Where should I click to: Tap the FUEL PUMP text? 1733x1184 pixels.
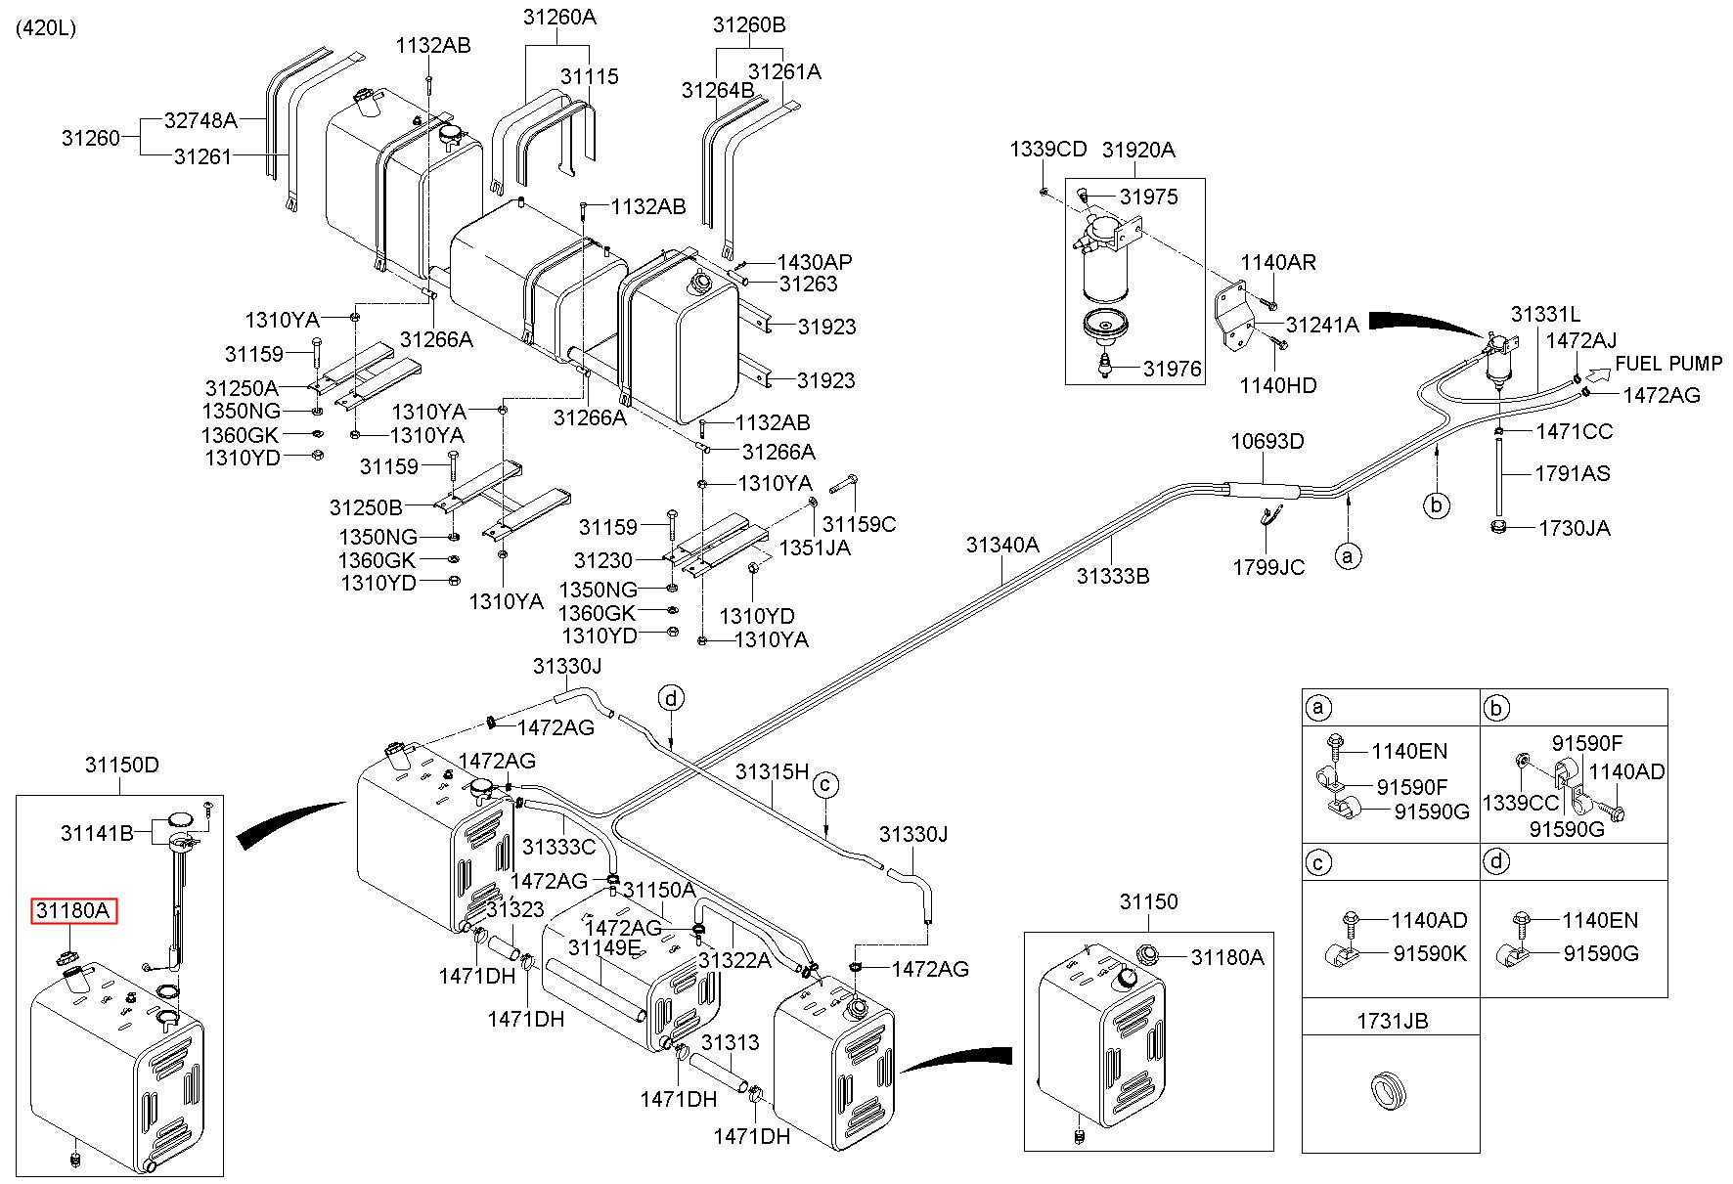tap(1668, 364)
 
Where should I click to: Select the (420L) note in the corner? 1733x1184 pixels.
tap(45, 28)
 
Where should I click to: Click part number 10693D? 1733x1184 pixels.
tap(1267, 441)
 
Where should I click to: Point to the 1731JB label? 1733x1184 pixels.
tap(1392, 1022)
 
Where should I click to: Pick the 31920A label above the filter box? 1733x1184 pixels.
tap(1138, 150)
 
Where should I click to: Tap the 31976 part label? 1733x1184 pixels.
tap(1173, 370)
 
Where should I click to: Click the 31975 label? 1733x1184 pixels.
tap(1149, 197)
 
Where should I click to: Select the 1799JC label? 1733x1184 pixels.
tap(1268, 567)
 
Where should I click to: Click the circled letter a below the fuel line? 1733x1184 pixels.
tap(1348, 556)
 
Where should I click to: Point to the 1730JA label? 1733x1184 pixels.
tap(1575, 528)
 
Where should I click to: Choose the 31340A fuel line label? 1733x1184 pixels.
tap(1002, 545)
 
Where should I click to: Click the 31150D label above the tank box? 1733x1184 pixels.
tap(121, 765)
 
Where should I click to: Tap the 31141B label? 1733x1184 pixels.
tap(97, 833)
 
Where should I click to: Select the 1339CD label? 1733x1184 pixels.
tap(1048, 150)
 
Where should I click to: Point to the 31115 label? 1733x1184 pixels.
tap(590, 76)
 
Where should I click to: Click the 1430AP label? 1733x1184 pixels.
tap(815, 262)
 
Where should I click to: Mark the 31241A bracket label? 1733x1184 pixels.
tap(1322, 326)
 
